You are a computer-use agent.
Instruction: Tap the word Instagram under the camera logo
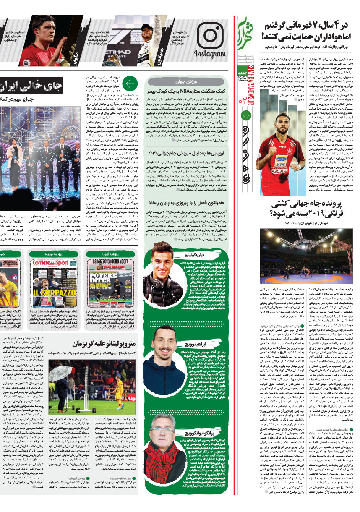tap(209, 55)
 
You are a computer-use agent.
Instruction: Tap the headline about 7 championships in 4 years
tap(308, 30)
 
